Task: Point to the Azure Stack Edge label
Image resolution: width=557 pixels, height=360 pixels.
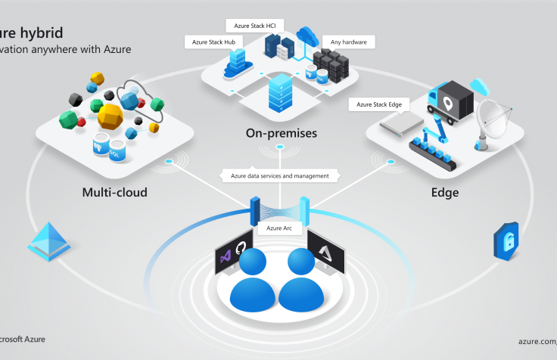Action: [379, 104]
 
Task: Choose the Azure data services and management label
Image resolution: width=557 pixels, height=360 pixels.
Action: [279, 175]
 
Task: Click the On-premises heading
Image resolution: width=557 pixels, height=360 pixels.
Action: [281, 134]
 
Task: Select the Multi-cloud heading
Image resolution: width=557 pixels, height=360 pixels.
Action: [114, 193]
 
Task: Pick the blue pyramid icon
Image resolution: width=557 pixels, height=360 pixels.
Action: [48, 241]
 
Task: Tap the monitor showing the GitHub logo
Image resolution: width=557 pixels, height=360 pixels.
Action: [233, 253]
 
